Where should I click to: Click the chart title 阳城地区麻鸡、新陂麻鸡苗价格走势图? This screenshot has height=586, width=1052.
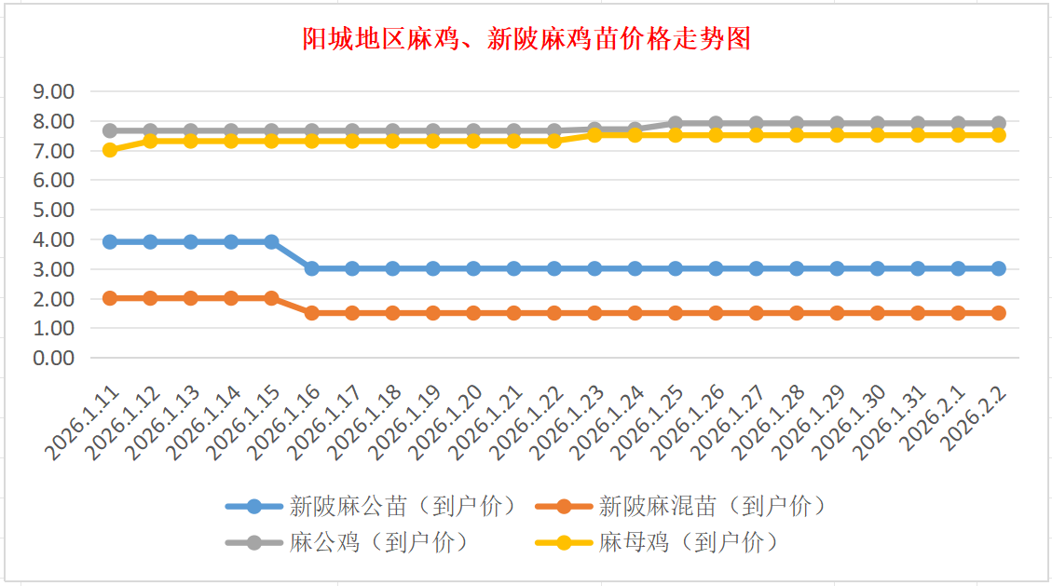[x=526, y=39]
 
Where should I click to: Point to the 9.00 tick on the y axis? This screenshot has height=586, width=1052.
[x=53, y=91]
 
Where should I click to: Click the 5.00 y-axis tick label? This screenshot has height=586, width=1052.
[x=53, y=210]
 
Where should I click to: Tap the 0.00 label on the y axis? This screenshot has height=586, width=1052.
[x=53, y=358]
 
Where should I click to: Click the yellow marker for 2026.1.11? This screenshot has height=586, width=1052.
[x=110, y=150]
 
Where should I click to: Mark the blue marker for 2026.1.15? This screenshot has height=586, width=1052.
[x=271, y=241]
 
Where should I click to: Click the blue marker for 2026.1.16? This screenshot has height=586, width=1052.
[x=312, y=268]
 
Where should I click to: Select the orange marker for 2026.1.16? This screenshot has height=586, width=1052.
[x=312, y=313]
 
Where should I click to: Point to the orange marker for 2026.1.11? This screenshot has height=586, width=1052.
[x=110, y=298]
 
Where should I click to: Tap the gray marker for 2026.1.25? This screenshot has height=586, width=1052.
[x=676, y=123]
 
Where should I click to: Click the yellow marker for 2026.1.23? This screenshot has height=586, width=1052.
[x=594, y=135]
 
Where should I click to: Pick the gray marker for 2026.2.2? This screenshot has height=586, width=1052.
[x=999, y=123]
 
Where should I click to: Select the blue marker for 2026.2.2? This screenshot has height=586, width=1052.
[x=999, y=268]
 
